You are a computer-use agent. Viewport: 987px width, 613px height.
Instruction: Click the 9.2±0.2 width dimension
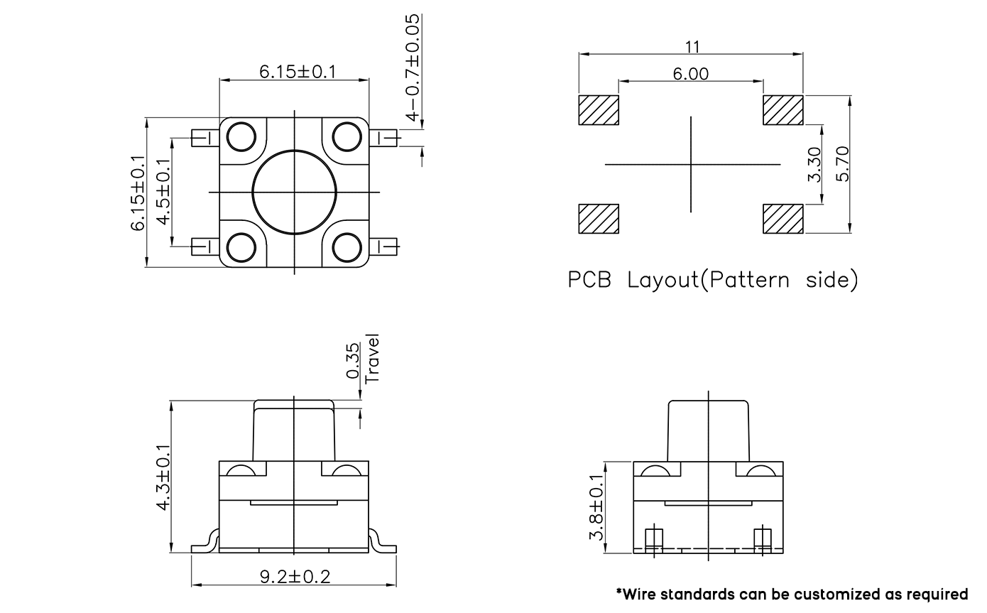(295, 577)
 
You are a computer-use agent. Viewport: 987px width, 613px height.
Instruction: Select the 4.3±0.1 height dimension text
(163, 477)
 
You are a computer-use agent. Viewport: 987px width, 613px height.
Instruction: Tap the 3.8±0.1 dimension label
(596, 507)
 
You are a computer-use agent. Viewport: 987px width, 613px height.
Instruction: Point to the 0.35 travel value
(352, 362)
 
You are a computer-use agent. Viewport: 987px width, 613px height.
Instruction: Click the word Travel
(372, 359)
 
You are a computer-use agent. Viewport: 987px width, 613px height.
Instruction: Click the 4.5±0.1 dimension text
(163, 192)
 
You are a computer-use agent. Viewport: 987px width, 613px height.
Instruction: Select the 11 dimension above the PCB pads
(692, 47)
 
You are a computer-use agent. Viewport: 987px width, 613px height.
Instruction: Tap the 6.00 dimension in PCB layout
(690, 74)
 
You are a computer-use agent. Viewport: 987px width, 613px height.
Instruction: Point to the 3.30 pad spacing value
(814, 164)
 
